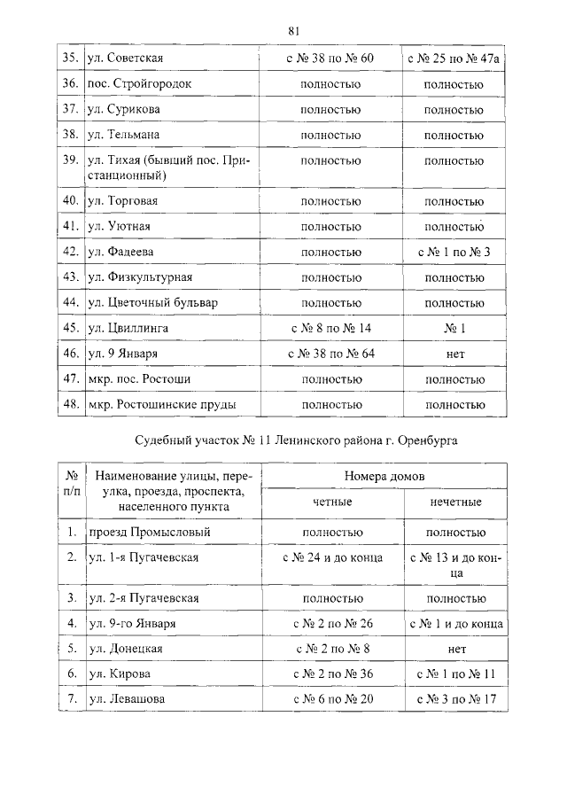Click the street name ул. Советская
(127, 59)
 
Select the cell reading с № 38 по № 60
(330, 59)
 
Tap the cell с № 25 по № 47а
(454, 59)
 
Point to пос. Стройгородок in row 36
(140, 85)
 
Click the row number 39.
(70, 161)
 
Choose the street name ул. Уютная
(123, 227)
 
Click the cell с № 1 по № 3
(454, 253)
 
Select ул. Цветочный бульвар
(152, 303)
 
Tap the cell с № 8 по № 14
(330, 329)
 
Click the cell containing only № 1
(454, 329)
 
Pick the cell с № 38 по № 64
(330, 354)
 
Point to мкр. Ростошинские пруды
(162, 405)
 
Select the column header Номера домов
(384, 476)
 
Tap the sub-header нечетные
(454, 502)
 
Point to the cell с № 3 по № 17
(454, 700)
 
